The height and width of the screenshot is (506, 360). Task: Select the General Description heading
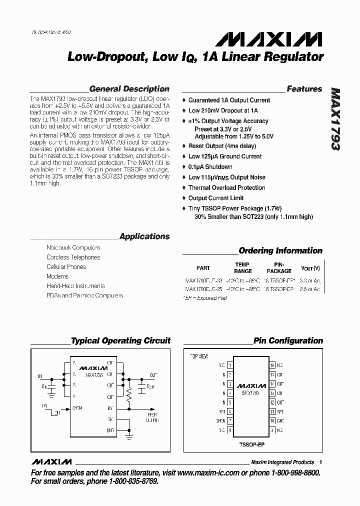tap(129, 89)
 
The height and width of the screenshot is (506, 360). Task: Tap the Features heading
tap(304, 89)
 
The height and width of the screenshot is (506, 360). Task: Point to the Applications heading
tap(144, 236)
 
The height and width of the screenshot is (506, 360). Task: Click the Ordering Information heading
tap(280, 250)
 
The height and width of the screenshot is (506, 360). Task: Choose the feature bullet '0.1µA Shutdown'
tap(210, 167)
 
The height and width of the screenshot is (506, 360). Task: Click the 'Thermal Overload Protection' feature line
tap(226, 187)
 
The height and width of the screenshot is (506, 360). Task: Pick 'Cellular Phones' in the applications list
tap(66, 267)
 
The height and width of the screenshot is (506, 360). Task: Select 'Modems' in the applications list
tap(57, 276)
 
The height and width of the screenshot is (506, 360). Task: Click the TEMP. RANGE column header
tap(243, 267)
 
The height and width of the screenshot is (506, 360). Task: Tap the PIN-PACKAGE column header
tap(279, 267)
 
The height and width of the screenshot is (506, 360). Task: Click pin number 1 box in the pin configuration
tap(229, 365)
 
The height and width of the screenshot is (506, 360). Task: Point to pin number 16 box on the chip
tap(272, 365)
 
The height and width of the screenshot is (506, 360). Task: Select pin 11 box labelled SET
tap(272, 411)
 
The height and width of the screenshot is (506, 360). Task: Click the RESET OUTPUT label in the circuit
tap(152, 417)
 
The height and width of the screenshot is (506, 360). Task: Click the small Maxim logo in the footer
tap(51, 461)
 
